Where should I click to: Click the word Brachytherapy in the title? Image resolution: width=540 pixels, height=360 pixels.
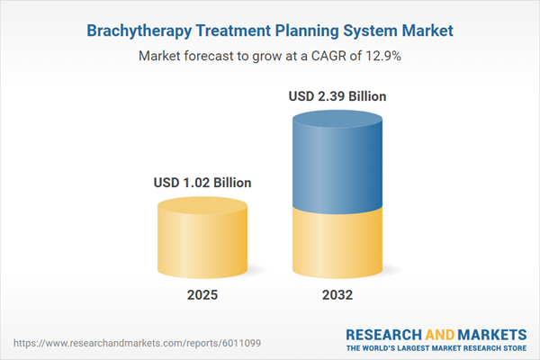coord(142,31)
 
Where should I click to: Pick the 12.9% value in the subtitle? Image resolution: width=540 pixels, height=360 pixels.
coord(382,56)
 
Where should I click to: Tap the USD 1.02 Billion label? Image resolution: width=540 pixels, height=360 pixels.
coord(202,183)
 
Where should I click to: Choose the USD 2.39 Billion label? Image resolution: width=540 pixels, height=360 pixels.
coord(338,95)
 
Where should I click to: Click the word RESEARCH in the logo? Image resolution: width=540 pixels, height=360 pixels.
coord(382,335)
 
